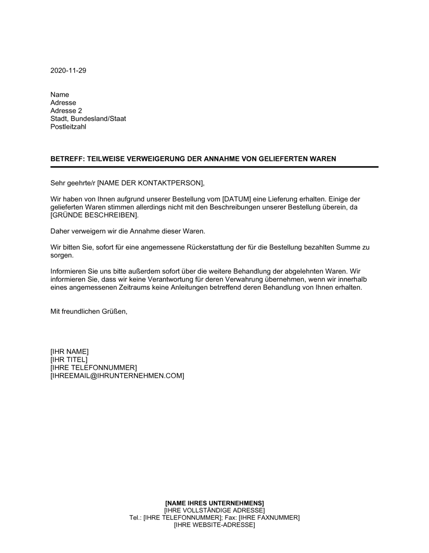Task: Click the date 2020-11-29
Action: (68, 70)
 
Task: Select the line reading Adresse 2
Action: (66, 111)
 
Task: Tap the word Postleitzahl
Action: (68, 127)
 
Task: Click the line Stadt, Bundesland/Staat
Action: (88, 119)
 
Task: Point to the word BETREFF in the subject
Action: (67, 159)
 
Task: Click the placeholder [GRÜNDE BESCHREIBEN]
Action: (94, 215)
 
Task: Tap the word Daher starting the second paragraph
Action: (60, 231)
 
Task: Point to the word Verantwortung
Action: (175, 280)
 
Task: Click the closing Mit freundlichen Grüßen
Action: (89, 312)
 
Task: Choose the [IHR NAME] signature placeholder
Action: (69, 352)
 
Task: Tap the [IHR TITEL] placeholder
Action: (69, 360)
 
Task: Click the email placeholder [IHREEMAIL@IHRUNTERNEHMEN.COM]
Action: (117, 376)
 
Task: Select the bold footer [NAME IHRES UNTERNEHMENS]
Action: (214, 503)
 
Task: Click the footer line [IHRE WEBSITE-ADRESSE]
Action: (214, 525)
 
